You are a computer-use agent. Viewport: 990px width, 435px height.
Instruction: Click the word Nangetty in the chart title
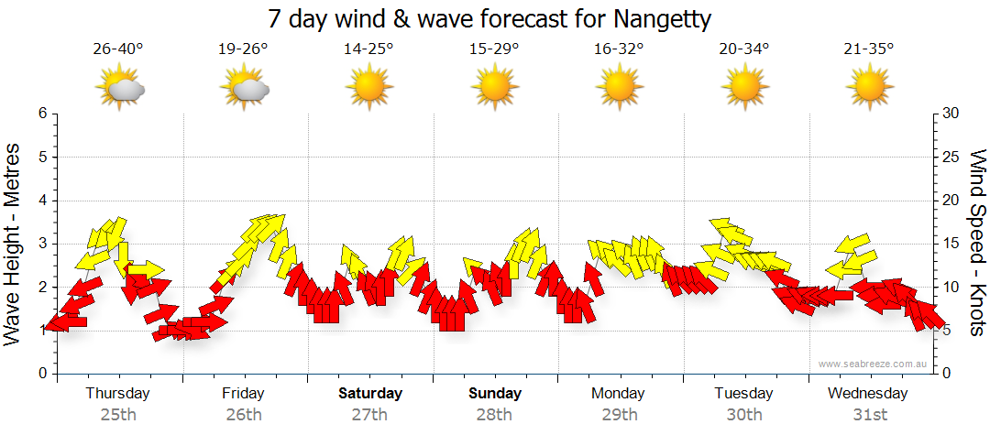662,19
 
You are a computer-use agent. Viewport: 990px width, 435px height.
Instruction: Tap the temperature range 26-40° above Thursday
118,49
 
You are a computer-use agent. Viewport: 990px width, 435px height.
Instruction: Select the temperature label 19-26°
243,49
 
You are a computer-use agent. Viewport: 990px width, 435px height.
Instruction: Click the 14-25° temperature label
368,49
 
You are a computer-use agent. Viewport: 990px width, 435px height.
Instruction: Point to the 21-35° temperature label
869,49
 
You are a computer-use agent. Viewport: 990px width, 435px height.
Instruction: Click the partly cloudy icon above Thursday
120,89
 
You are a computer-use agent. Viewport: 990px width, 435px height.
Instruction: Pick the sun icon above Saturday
368,88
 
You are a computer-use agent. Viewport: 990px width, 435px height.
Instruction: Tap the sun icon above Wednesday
869,88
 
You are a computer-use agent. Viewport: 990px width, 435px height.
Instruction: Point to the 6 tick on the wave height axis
41,114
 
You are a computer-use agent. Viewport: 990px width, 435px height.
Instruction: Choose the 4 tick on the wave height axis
41,201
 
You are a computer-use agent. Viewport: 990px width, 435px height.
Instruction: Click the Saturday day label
370,394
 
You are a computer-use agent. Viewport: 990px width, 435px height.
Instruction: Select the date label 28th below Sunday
494,414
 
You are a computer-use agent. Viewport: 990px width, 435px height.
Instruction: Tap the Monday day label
619,394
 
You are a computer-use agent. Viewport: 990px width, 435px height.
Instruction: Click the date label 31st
869,414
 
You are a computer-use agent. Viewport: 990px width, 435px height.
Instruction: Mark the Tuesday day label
743,394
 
